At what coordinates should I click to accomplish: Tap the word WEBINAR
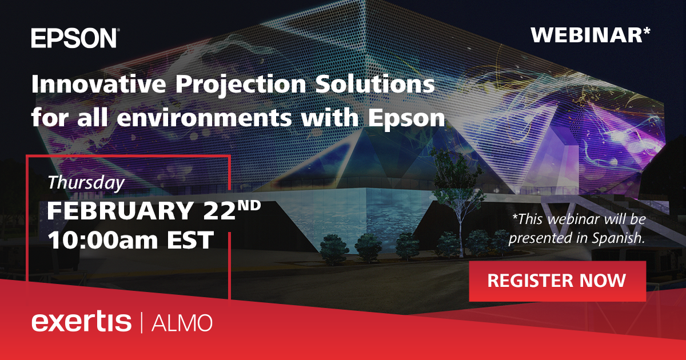(586, 35)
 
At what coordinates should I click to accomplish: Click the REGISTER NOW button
(557, 281)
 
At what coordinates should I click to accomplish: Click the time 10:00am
(101, 239)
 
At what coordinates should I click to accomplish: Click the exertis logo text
(81, 322)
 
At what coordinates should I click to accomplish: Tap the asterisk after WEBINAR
(646, 31)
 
